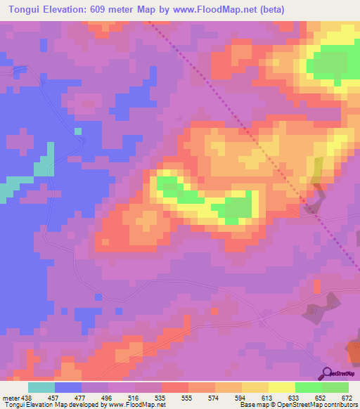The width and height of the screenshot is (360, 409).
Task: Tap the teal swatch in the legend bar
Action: click(41, 387)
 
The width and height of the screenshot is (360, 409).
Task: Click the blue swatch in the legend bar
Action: click(68, 387)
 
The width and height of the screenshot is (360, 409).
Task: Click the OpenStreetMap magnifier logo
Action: click(326, 372)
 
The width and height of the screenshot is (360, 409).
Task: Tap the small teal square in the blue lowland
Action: click(78, 131)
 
